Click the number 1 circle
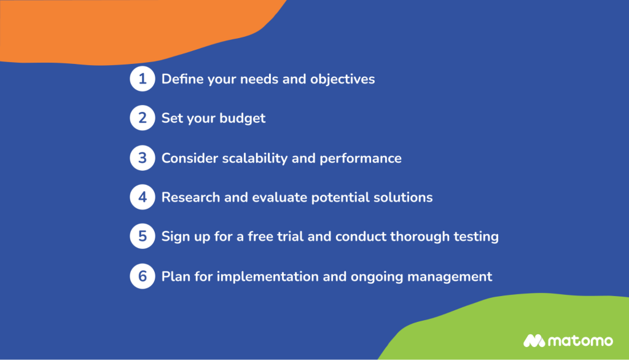(x=142, y=79)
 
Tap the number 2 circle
(x=142, y=119)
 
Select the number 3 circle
(x=142, y=158)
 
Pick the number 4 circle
(x=142, y=197)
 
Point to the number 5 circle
(x=142, y=237)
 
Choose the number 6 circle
(x=142, y=276)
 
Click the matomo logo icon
(x=534, y=340)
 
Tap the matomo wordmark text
(x=580, y=340)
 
